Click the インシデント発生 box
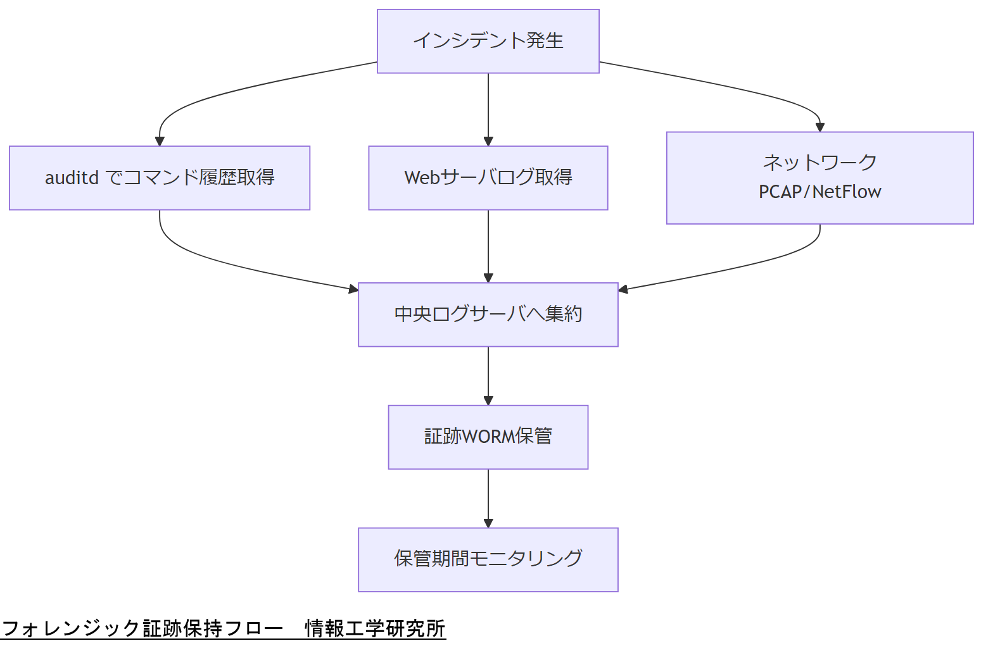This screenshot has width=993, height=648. click(x=488, y=41)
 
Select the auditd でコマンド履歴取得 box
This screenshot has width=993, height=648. click(x=160, y=178)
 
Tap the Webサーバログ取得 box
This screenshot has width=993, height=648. click(x=488, y=178)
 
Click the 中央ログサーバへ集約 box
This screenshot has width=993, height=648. click(x=488, y=315)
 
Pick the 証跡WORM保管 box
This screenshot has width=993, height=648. click(x=488, y=437)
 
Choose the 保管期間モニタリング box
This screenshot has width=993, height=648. click(x=488, y=559)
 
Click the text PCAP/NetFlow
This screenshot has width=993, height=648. click(x=819, y=192)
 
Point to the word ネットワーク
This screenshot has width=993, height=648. click(x=819, y=163)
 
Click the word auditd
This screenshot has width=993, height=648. click(x=72, y=178)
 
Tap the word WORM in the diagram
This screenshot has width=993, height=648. click(x=488, y=437)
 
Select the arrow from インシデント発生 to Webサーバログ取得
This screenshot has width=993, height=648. click(x=488, y=108)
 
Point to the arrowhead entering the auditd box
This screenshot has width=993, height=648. click(x=160, y=141)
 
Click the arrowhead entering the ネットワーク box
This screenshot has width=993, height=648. click(x=820, y=127)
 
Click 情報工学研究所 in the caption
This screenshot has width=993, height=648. click(x=375, y=628)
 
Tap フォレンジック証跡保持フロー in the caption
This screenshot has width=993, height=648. click(x=142, y=628)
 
